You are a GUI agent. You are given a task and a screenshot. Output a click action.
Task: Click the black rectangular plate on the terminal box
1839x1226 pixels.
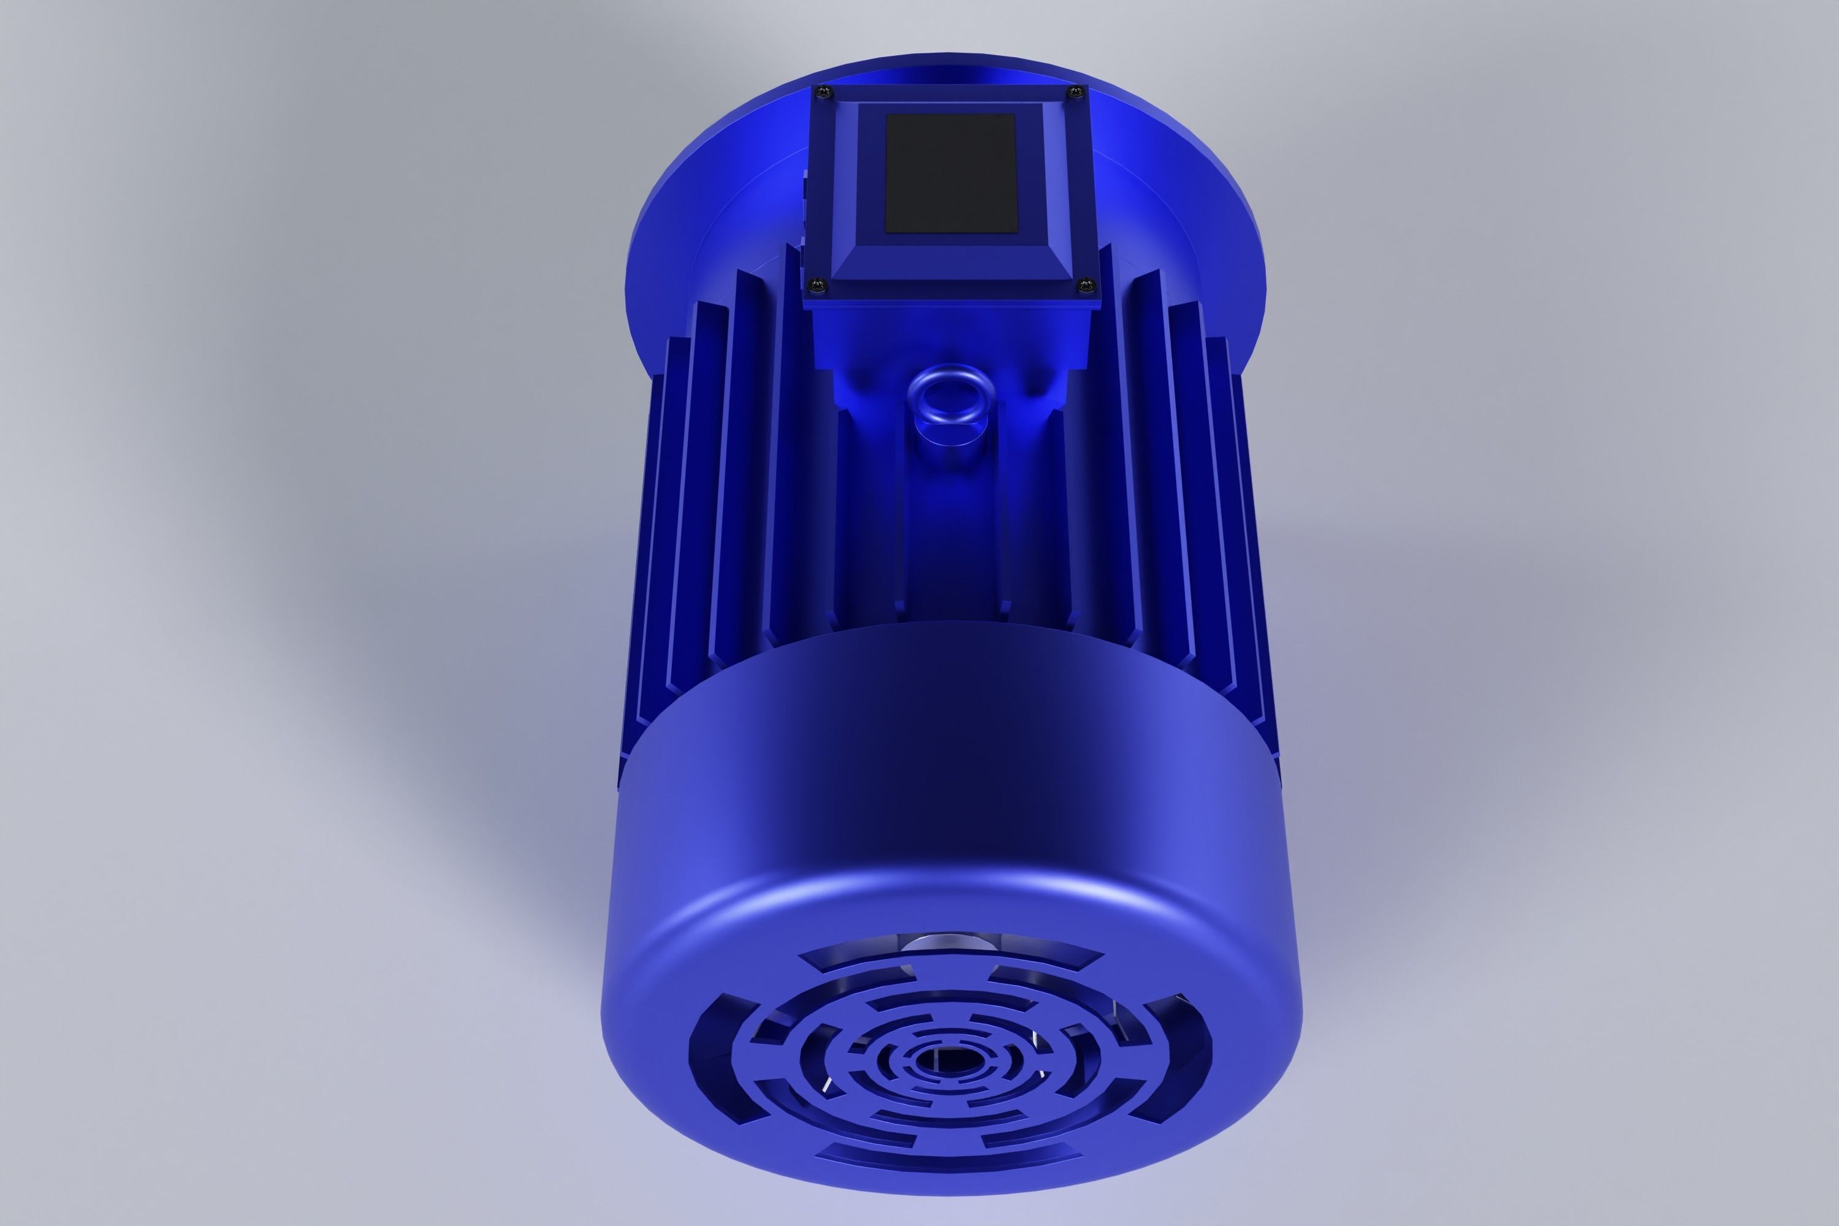click(x=950, y=173)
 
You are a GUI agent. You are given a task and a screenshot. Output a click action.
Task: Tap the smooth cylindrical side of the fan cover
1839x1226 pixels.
click(x=950, y=782)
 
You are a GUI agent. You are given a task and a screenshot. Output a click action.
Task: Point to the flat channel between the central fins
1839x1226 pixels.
click(x=951, y=547)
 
